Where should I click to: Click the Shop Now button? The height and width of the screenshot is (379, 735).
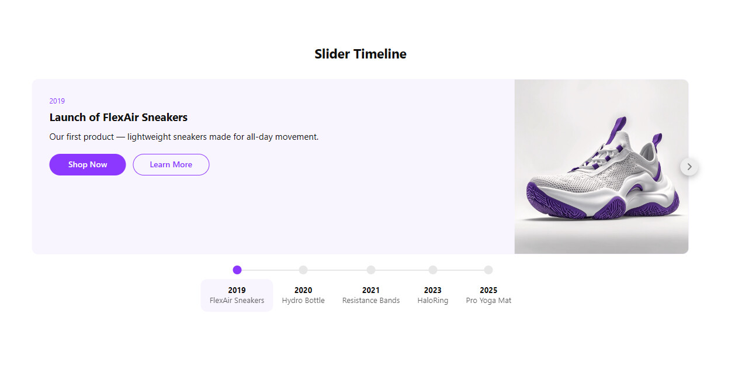point(88,164)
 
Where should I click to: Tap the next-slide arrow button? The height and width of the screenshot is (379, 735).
point(689,167)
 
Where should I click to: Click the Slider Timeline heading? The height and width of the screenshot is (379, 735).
point(360,54)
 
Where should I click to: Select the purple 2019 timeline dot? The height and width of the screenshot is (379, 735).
point(237,270)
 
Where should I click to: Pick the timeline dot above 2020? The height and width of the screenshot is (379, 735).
point(303,270)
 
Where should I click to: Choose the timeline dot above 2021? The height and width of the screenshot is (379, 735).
point(371,270)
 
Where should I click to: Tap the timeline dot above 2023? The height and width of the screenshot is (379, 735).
point(433,270)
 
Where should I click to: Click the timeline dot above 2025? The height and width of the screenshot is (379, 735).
point(488,270)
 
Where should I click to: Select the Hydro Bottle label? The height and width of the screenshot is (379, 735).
point(303,301)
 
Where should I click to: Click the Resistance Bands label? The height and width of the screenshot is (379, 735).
point(371,301)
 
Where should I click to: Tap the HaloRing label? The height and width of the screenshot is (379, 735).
point(433,301)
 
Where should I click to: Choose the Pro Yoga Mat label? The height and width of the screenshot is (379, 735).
point(488,301)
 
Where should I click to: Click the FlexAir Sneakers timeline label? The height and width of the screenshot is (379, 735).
point(237,301)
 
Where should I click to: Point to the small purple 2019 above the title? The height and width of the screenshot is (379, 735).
point(57,101)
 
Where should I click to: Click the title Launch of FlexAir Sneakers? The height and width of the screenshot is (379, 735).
point(119,117)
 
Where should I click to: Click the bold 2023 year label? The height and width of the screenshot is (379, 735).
point(433,290)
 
